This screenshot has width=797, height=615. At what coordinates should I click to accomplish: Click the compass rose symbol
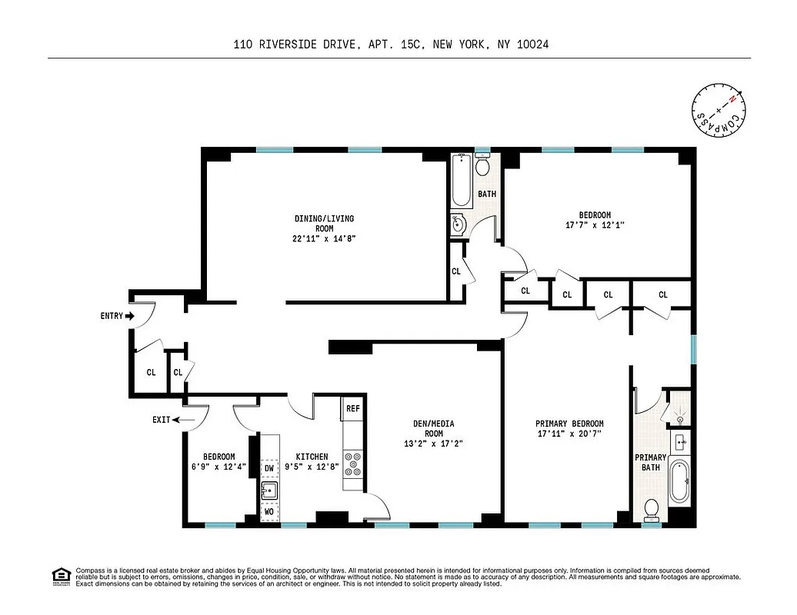(719, 109)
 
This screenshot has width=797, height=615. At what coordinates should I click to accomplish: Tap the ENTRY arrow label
(117, 316)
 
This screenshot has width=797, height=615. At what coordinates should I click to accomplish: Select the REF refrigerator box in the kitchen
(352, 409)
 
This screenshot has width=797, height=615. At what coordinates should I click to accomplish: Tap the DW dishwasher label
(269, 467)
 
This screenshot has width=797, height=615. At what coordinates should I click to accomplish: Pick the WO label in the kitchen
(269, 510)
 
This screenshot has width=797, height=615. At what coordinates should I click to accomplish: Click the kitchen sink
(269, 490)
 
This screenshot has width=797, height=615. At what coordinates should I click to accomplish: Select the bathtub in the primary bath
(679, 480)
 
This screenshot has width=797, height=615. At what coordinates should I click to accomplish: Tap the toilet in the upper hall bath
(483, 166)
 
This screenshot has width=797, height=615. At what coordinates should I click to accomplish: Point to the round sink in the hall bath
(459, 224)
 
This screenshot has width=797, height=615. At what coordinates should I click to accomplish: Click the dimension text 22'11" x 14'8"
(324, 238)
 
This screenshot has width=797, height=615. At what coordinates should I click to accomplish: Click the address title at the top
(391, 45)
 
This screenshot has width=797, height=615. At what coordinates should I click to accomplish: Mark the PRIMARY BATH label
(651, 462)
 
